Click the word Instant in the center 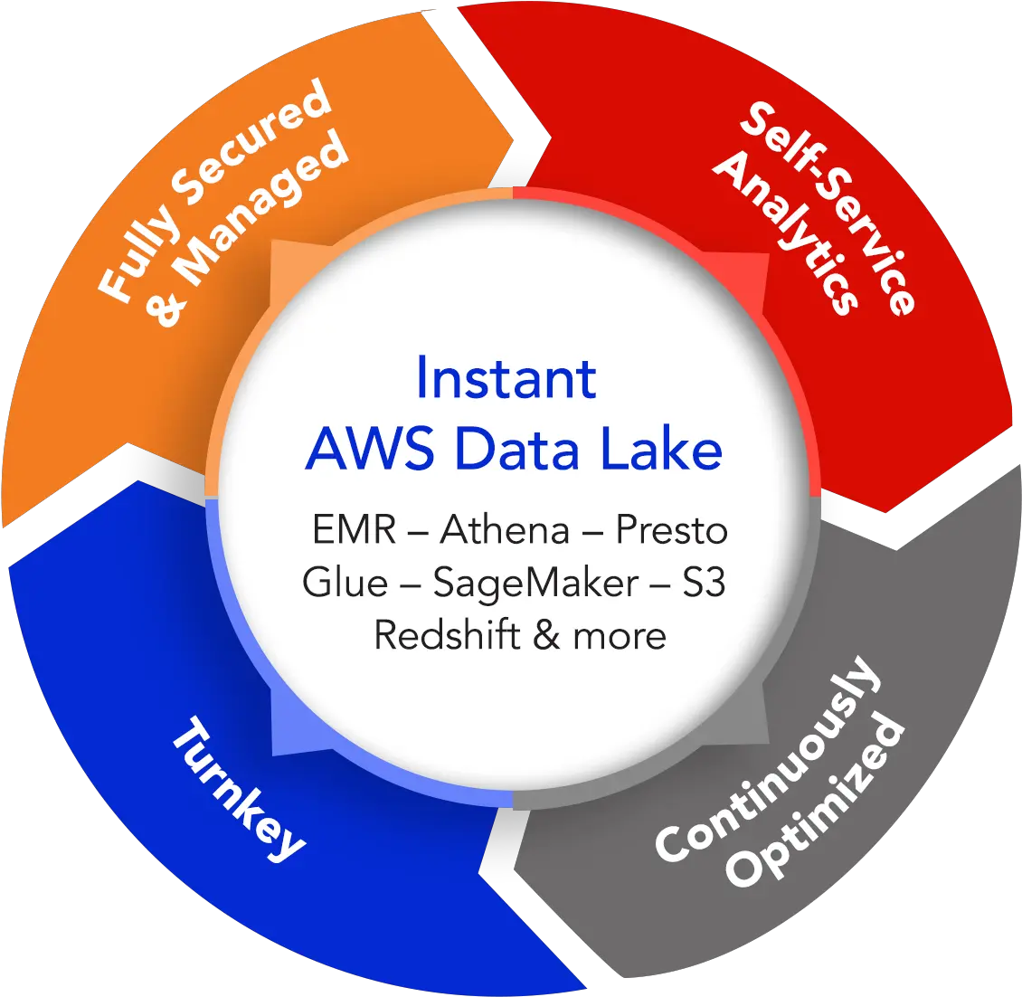tap(506, 379)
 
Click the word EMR tap(354, 530)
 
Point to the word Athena tap(505, 530)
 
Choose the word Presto tap(671, 530)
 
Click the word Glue tap(344, 583)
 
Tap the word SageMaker tap(535, 584)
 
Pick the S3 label tap(703, 583)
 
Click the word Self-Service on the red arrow tap(828, 207)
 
